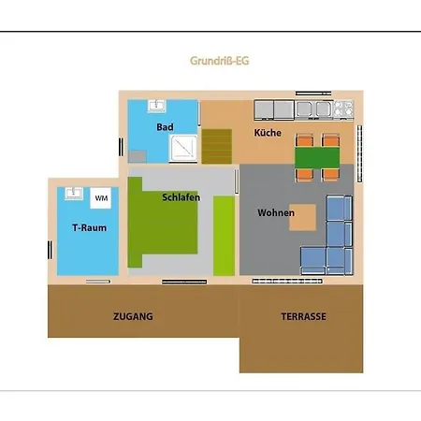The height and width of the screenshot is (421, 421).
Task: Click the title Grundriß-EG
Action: (220, 61)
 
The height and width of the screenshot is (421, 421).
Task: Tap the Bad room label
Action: (165, 127)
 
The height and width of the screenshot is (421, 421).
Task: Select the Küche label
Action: (268, 133)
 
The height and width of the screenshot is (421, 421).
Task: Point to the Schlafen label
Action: (181, 197)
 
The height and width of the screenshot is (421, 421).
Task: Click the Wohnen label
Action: (276, 212)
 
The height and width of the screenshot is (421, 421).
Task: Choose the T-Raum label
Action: (89, 227)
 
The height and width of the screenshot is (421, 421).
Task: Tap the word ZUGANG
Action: (133, 316)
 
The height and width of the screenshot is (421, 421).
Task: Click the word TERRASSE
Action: (303, 316)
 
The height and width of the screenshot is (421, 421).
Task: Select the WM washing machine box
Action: (101, 197)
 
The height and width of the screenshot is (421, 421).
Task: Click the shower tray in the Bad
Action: (183, 148)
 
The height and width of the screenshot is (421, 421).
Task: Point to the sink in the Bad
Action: (156, 106)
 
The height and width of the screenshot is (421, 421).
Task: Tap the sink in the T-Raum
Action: (74, 194)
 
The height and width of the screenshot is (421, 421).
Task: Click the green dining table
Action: (317, 158)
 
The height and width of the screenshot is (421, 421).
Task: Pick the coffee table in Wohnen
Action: (302, 217)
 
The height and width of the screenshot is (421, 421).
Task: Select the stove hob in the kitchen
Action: (343, 109)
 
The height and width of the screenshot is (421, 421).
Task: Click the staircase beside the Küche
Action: (217, 146)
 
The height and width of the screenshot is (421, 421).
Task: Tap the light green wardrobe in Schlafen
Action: (224, 236)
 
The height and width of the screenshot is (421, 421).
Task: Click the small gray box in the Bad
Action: (138, 156)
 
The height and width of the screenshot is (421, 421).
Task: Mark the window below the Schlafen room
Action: (184, 282)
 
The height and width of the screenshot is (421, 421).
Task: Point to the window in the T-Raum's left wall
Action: (50, 250)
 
